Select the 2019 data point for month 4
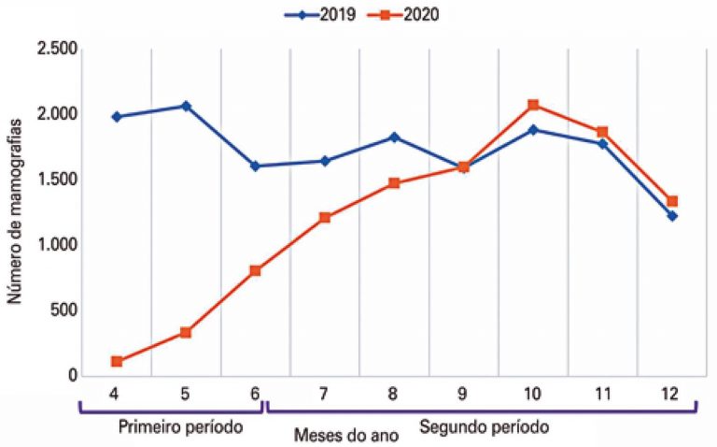tap(116, 117)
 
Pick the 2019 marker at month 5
tap(186, 106)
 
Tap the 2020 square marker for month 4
tap(116, 361)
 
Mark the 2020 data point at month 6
tap(255, 270)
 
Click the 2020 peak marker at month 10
tap(533, 105)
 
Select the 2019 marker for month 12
tap(672, 216)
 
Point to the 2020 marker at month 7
tap(325, 218)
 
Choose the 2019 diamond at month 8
tap(394, 137)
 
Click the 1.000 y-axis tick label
tap(56, 245)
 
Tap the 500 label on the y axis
tap(62, 310)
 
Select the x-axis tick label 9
tap(463, 390)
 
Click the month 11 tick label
tap(602, 390)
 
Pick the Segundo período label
tap(484, 427)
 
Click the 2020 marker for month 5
tap(186, 332)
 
